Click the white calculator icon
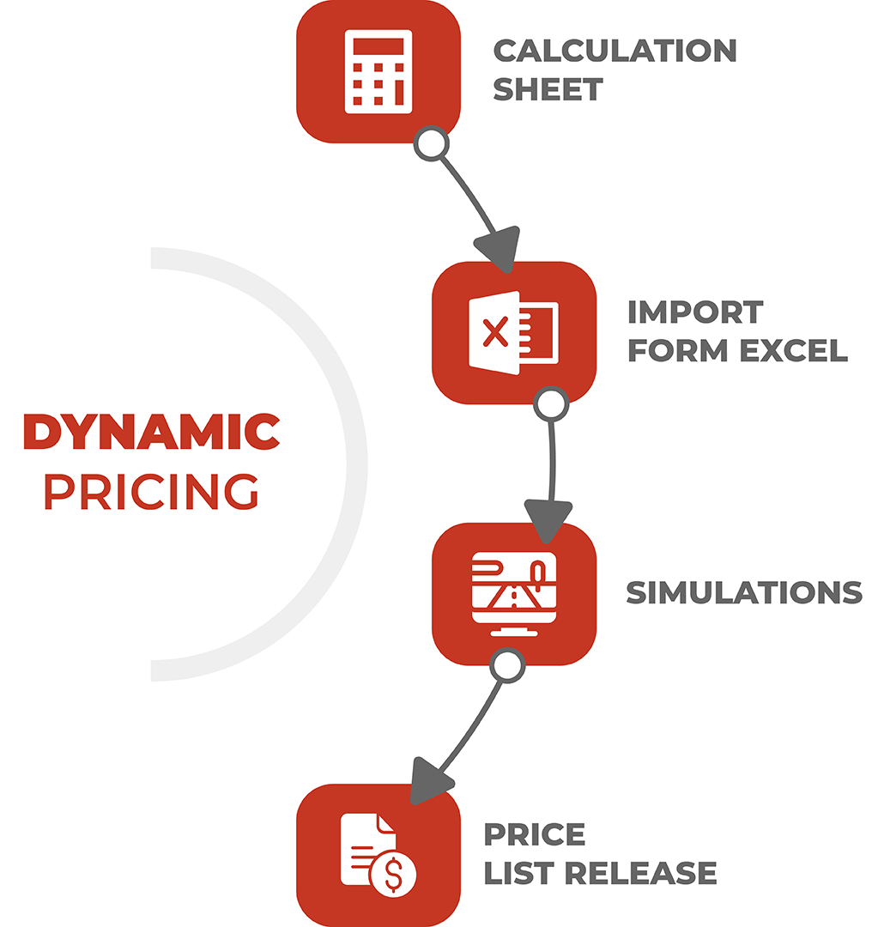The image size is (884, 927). coord(378,71)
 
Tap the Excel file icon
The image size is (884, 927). coord(513,333)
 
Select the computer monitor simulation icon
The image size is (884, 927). coord(514,594)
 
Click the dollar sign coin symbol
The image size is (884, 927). coord(393,875)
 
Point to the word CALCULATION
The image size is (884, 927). coord(615,51)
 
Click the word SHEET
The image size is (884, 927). coord(548,90)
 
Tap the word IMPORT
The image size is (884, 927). coord(695,312)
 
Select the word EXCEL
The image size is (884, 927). coord(794,350)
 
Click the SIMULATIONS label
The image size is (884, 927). coord(744,593)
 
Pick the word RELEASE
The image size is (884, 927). coord(640,873)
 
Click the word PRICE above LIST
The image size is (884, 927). coord(535,835)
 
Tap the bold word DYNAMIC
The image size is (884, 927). coord(151,432)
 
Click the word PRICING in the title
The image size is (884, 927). coord(151,491)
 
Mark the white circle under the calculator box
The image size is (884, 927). coord(431,143)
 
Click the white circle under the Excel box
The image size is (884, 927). coord(551,404)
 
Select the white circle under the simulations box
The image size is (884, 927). coord(507,666)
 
